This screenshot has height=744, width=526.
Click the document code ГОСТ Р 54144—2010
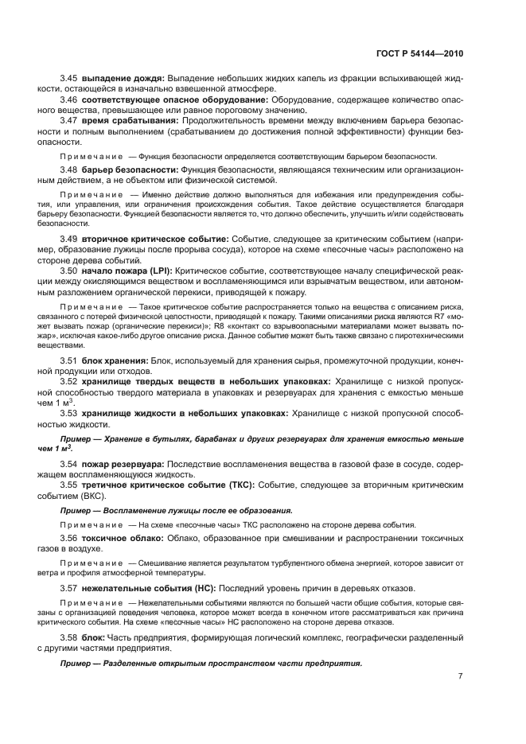[x=419, y=52]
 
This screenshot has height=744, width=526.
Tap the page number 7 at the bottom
[x=460, y=676]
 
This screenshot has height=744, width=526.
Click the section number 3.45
[x=69, y=78]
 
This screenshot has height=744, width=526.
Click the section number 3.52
[x=69, y=382]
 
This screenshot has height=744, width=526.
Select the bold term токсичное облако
[x=120, y=539]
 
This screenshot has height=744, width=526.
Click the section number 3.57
[x=69, y=588]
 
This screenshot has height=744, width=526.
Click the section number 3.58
[x=69, y=638]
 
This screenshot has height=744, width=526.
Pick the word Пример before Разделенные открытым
[x=76, y=663]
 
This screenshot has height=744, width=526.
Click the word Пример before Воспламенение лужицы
[x=76, y=510]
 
